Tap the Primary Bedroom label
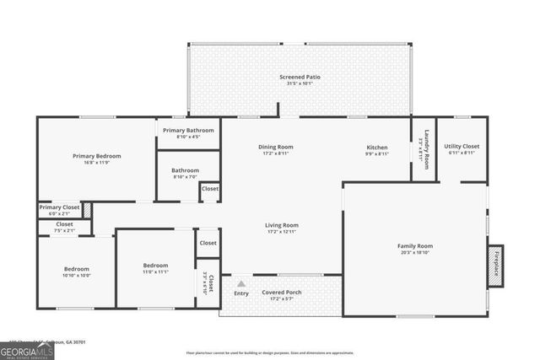pos(96,156)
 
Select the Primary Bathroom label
pos(188,131)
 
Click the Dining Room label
pos(276,148)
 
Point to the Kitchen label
pos(376,148)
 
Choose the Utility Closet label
pos(462,147)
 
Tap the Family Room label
pos(414,246)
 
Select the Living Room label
pos(282,225)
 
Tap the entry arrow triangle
pos(241,284)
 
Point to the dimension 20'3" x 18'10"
pos(414,252)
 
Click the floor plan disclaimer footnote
pos(281,352)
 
